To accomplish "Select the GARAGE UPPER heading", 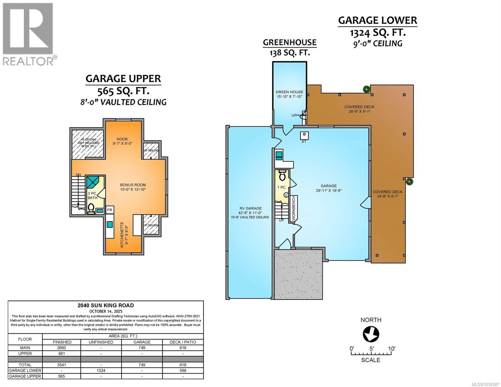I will coord(123,79).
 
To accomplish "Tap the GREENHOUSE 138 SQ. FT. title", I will coord(289,47).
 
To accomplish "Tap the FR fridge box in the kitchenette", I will coord(110,210).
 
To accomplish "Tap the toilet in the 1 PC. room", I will coord(282,175).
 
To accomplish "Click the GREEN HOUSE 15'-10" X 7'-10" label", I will coord(289,94).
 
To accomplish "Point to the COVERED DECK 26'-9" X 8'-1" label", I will coord(359,109).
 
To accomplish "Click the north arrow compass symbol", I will coord(371,334).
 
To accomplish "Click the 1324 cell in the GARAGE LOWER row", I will coord(101,371).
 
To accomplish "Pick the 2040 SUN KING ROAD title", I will coord(105,305).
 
